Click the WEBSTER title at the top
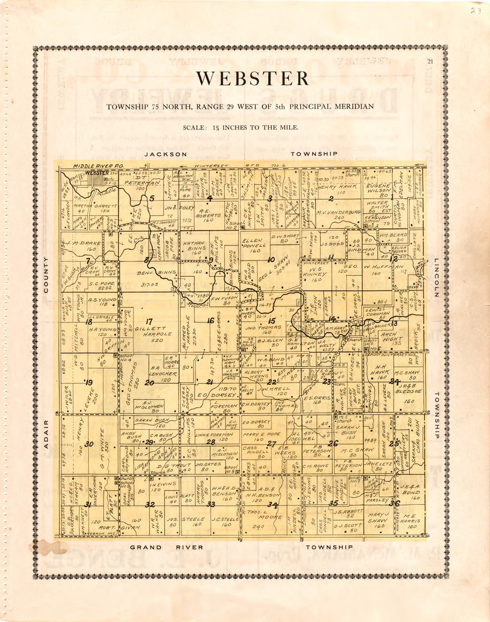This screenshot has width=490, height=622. (253, 79)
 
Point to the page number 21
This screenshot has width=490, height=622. (430, 62)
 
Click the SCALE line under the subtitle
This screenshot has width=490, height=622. (240, 128)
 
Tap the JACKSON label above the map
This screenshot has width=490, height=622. (166, 154)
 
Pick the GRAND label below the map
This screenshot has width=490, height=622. (146, 547)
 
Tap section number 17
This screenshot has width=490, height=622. (149, 321)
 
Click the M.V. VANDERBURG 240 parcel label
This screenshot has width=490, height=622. (339, 215)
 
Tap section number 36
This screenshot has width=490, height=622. (395, 503)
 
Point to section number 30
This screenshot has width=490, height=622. (89, 444)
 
